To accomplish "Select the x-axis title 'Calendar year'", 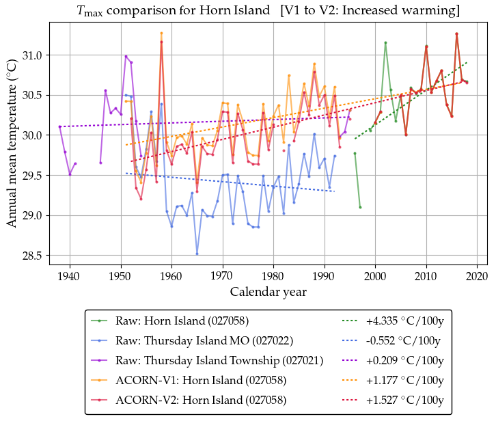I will click(268, 292).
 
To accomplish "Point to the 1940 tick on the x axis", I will click(70, 276).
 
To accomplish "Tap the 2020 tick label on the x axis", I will click(478, 276).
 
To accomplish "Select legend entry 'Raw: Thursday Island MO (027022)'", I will click(205, 340).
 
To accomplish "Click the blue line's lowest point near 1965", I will click(197, 254).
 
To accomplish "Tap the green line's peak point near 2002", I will click(385, 42).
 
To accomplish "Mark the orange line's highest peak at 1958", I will click(161, 33).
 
